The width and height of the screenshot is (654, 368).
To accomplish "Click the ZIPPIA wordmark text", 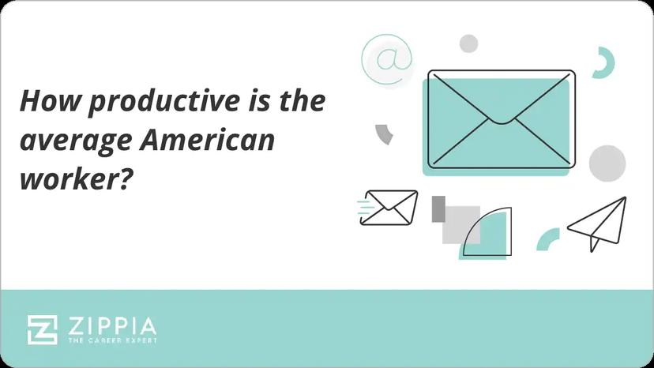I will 111,325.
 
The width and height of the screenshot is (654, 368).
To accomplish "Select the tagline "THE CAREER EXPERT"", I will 111,342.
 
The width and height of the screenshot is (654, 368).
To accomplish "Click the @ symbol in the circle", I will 387,59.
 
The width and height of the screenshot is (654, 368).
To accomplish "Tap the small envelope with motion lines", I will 389,207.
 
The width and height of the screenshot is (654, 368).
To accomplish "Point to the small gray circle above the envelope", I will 469,43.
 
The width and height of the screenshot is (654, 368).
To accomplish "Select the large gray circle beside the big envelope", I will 607,162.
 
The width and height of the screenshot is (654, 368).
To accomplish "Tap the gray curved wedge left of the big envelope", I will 385,133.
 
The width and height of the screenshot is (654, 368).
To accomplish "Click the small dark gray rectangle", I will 439,208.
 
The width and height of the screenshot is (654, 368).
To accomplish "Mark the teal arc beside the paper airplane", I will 547,238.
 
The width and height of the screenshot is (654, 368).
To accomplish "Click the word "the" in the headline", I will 302,102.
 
